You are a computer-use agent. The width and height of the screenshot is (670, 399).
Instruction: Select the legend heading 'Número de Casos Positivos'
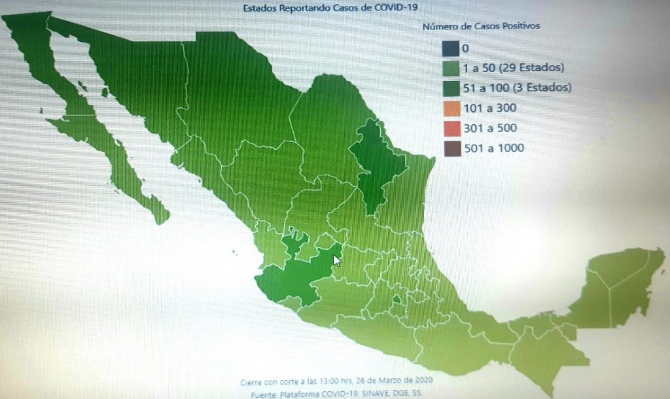[480, 27]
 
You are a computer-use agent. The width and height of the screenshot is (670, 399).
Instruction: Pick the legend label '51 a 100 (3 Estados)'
[516, 88]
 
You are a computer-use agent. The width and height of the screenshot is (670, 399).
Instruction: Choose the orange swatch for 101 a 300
[450, 108]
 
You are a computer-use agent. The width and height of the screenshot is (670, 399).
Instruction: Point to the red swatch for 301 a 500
[450, 128]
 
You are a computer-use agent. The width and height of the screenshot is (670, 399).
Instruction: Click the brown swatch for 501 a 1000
[450, 148]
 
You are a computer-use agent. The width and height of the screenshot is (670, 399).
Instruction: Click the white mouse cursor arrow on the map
[337, 260]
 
